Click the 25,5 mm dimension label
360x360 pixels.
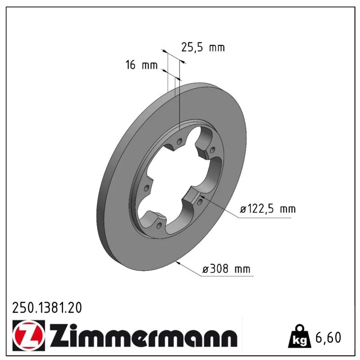(x=203, y=48)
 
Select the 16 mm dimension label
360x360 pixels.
(x=141, y=65)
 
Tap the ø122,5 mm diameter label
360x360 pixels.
(x=268, y=209)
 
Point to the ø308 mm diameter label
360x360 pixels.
(x=226, y=268)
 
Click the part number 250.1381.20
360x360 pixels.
(x=47, y=308)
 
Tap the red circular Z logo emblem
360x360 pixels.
(x=29, y=335)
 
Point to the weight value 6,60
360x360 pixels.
(x=328, y=337)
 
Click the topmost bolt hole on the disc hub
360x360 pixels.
(x=180, y=142)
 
